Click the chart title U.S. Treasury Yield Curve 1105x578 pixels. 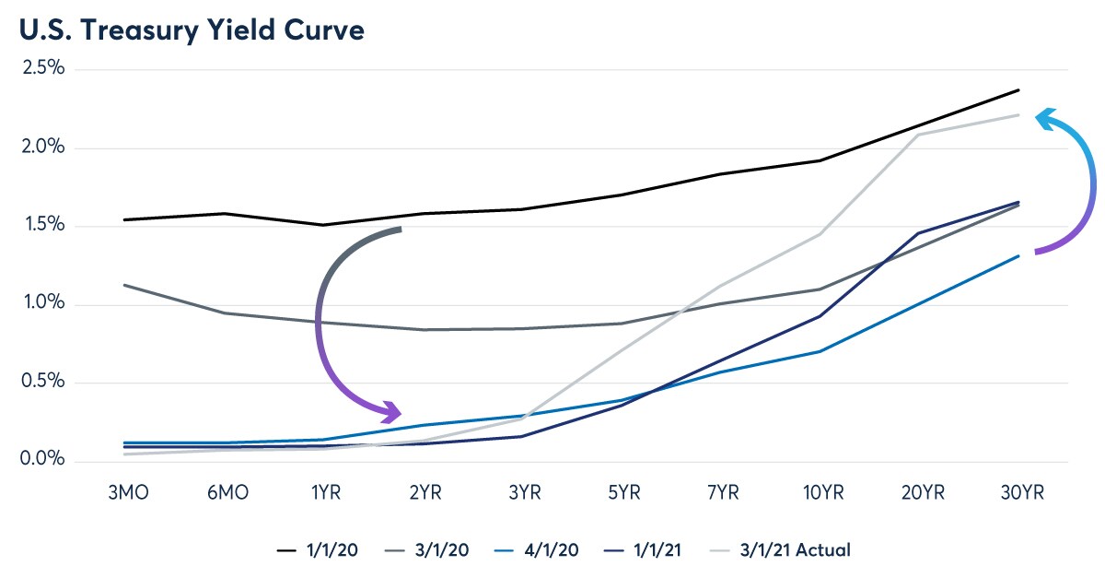[190, 29]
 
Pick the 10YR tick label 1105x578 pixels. [820, 490]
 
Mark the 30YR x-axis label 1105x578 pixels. [1018, 490]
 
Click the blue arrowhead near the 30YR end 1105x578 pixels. [1043, 118]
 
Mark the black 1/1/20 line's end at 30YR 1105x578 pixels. [1018, 89]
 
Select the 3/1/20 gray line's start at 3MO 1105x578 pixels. [124, 285]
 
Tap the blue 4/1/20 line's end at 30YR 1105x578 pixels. [1018, 255]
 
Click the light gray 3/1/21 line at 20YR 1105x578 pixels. [919, 135]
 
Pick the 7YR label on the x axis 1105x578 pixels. [721, 490]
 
